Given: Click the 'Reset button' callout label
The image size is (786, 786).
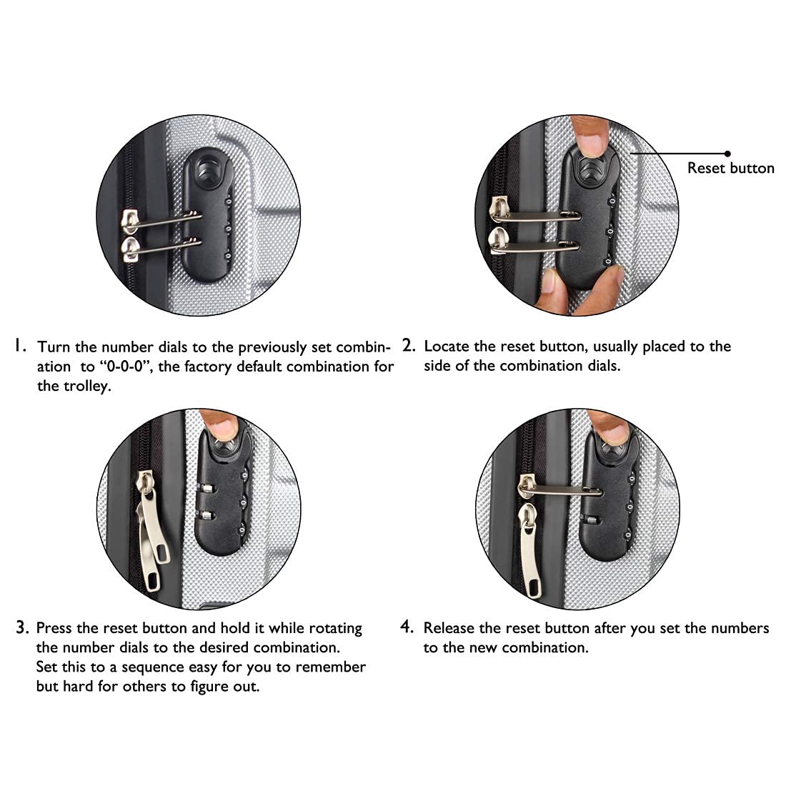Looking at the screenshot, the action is click(x=730, y=168).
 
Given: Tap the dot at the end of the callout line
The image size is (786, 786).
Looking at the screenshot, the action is click(x=727, y=154).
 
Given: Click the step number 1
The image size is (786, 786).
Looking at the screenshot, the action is click(x=19, y=345).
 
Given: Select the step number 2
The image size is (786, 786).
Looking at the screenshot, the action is click(x=409, y=345).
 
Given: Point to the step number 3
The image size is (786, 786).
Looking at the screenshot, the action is click(x=22, y=627).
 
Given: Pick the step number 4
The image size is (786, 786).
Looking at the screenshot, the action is click(x=407, y=627).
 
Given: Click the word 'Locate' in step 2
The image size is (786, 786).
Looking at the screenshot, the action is click(x=447, y=346).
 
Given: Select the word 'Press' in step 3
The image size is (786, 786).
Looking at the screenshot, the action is click(x=54, y=627).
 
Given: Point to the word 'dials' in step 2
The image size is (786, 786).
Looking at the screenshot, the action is click(x=604, y=366).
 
